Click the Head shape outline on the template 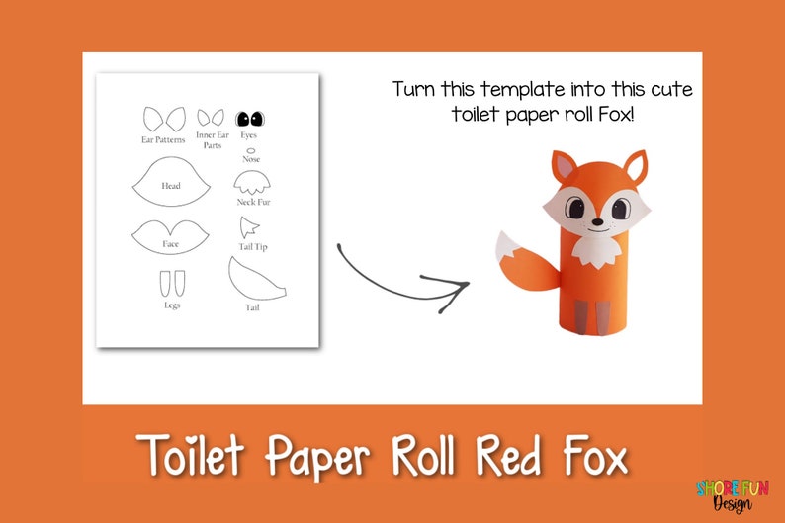coord(170,183)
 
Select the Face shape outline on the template coord(170,235)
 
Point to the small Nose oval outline coord(251,149)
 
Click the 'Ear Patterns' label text coord(163,140)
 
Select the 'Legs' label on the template coord(172,305)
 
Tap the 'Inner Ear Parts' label coord(212,140)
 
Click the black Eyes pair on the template coord(251,119)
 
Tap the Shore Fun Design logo coord(732,495)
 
